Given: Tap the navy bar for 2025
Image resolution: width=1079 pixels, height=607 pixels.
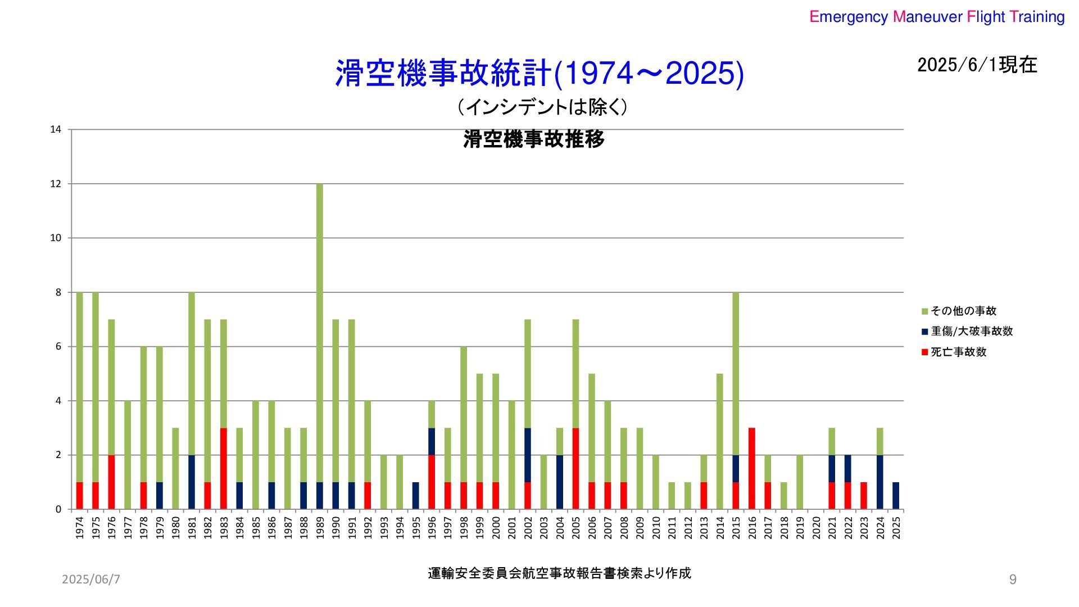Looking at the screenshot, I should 896,495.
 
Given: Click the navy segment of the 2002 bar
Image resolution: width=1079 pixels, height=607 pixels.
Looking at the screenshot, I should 528,455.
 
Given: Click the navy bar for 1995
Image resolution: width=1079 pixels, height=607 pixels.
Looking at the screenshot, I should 415,495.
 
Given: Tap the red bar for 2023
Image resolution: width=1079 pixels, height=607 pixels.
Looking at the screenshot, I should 864,495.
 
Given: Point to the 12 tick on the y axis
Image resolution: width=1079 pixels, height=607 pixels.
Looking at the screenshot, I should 56,184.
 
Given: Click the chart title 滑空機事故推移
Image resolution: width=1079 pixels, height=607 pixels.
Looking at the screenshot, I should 533,139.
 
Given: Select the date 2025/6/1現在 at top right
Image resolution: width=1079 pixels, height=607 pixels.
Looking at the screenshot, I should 977,65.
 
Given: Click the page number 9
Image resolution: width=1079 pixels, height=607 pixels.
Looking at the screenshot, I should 1013,579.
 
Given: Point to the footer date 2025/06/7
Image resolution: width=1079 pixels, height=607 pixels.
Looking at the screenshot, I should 91,579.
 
